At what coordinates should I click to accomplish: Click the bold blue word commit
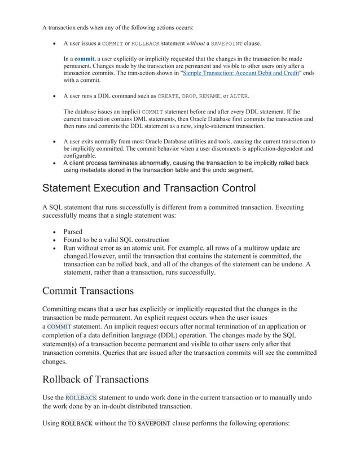click(84, 59)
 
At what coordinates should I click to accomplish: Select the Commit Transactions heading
click(88, 291)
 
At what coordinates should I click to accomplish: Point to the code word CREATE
click(168, 96)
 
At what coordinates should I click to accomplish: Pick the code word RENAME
click(214, 96)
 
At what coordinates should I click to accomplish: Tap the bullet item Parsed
click(73, 232)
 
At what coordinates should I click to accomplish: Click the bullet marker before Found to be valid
click(54, 240)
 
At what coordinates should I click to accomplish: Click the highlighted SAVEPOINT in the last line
click(154, 424)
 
